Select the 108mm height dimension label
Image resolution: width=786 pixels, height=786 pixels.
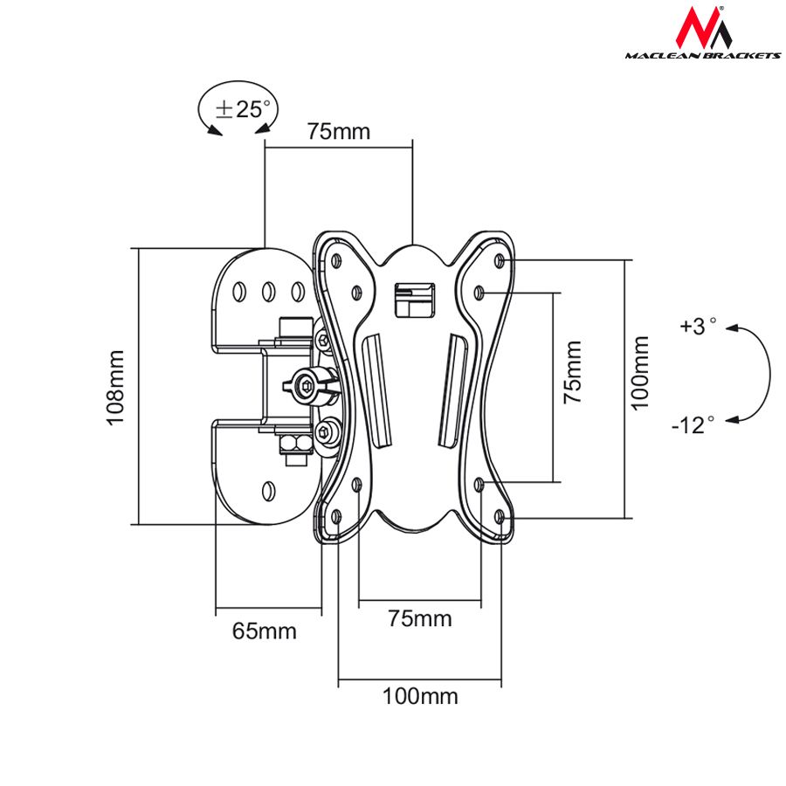pos(116,387)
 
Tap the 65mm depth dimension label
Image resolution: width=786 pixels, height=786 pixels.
pos(264,631)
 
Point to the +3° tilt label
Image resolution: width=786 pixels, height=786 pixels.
pos(698,327)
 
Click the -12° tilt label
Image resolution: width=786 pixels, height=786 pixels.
pos(693,424)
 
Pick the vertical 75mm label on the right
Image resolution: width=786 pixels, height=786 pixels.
pos(573,371)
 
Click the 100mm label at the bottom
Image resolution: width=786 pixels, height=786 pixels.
pos(419,696)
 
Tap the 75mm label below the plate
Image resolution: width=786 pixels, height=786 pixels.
pos(420,619)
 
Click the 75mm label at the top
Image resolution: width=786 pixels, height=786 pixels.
pos(338,132)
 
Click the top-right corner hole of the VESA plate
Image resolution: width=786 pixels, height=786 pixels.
pos(499,261)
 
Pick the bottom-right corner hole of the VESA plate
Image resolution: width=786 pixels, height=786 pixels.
pos(500,516)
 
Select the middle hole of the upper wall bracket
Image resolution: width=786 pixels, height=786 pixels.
pos(270,289)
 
